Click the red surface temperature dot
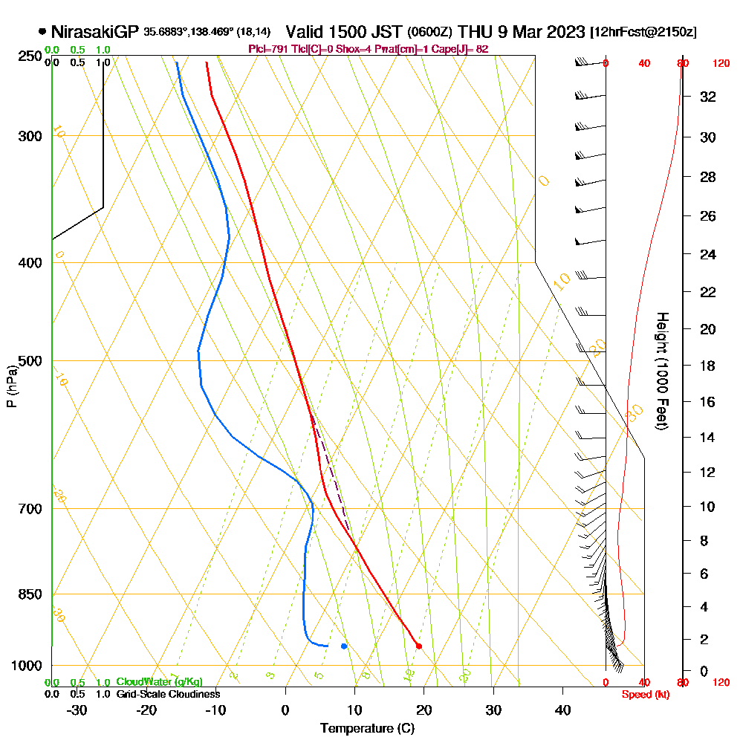click(x=419, y=646)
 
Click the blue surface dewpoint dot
click(x=344, y=646)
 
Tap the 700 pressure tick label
click(x=27, y=509)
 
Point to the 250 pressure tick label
click(x=27, y=56)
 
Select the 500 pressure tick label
click(x=27, y=361)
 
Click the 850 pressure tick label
click(x=27, y=594)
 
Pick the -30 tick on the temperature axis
click(x=77, y=710)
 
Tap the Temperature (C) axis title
click(x=367, y=729)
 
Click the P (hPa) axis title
click(x=11, y=386)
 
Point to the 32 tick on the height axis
click(x=707, y=97)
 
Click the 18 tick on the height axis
click(x=707, y=366)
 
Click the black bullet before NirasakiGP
click(x=42, y=32)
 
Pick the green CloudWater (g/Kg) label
click(x=159, y=682)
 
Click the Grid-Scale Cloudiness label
click(x=168, y=694)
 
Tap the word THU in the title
click(x=473, y=32)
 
